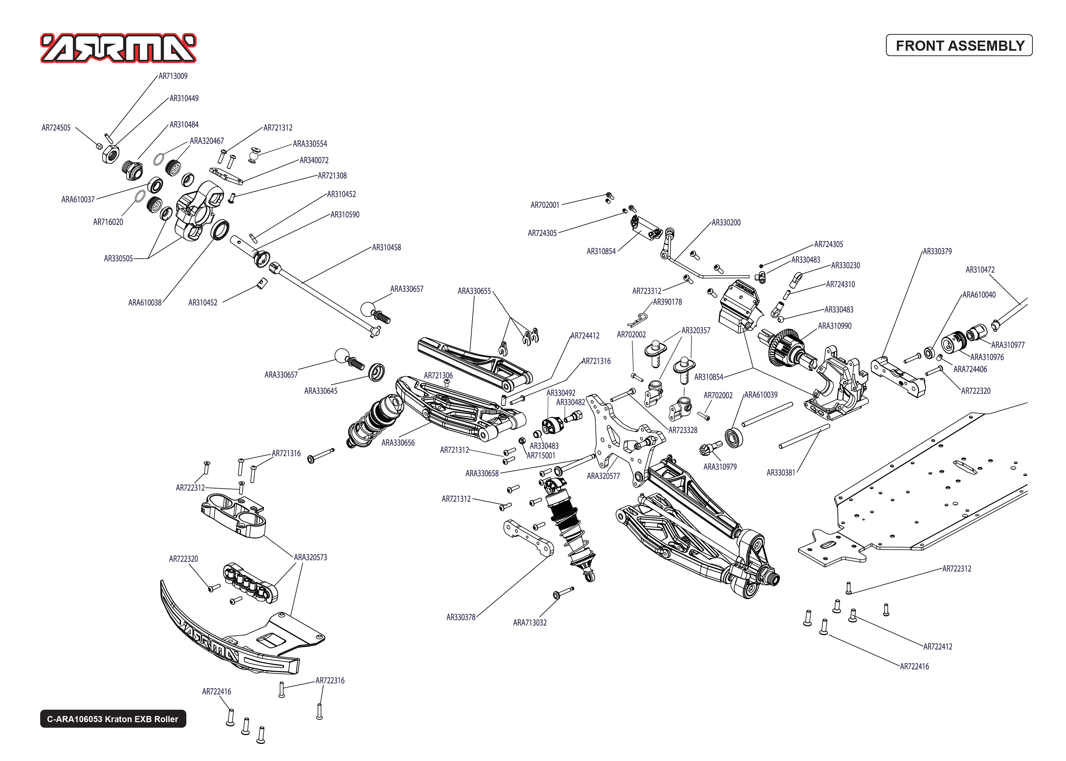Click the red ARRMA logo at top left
(x=118, y=48)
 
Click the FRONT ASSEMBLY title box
(x=959, y=45)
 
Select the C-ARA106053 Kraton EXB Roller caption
(x=113, y=719)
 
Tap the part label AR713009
(x=173, y=76)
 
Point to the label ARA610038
(x=144, y=303)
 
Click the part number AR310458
(x=386, y=247)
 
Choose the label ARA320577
(x=603, y=476)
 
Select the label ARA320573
(x=310, y=557)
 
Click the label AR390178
(x=667, y=302)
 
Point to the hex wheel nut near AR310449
(x=110, y=154)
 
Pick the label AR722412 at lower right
(x=937, y=647)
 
